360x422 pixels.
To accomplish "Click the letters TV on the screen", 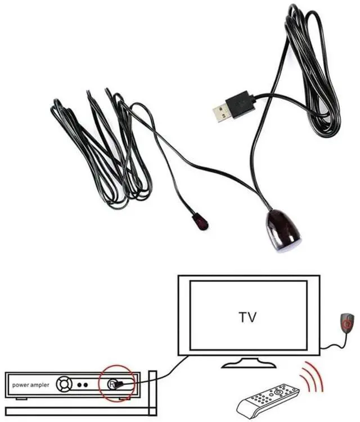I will coord(247,317).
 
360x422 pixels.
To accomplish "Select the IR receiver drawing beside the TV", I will coord(348,324).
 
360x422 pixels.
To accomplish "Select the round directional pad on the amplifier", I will coord(65,385).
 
